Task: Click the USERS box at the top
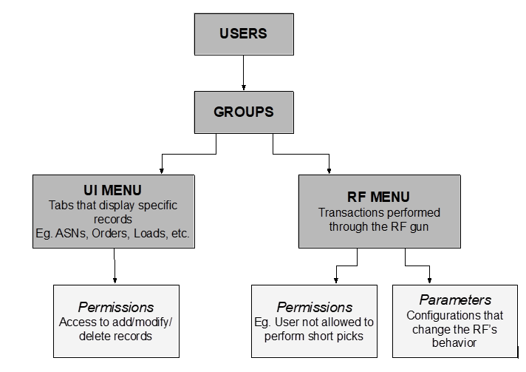click(x=243, y=34)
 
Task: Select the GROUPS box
click(x=243, y=112)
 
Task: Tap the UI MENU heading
click(x=114, y=191)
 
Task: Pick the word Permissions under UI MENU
click(x=117, y=307)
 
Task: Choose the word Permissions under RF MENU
click(x=314, y=307)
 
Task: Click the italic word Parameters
click(x=455, y=300)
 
